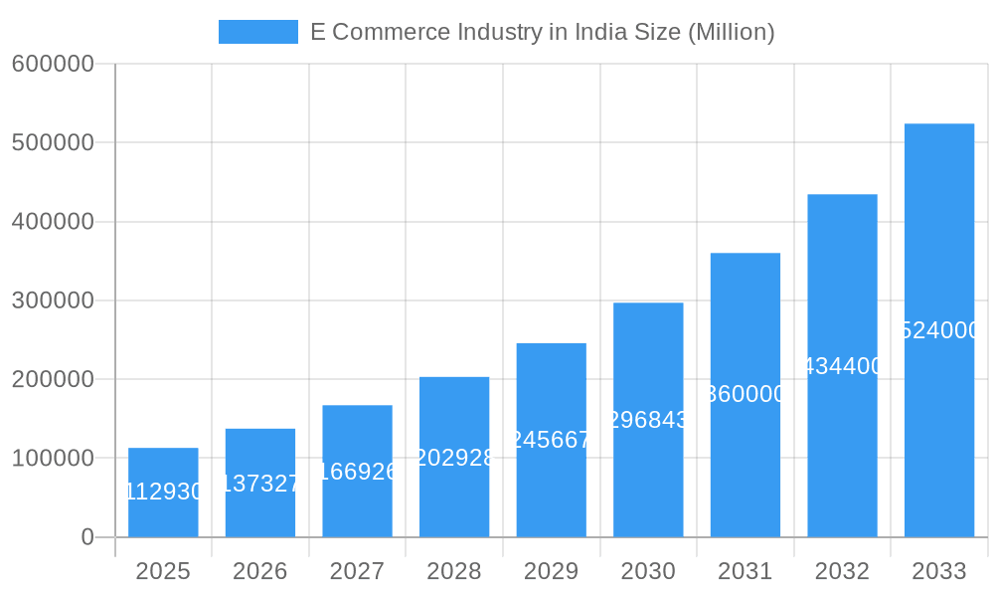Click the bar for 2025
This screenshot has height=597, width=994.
163,493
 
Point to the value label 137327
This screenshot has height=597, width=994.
260,484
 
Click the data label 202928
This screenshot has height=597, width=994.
454,458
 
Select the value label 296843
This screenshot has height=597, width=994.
648,420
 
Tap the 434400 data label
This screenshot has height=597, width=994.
842,366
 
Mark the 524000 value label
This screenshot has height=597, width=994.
940,330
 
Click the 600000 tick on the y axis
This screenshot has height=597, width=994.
53,64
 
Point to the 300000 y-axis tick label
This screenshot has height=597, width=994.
53,300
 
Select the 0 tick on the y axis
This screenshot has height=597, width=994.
87,537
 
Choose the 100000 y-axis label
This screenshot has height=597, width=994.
53,459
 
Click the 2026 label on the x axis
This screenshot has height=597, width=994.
260,571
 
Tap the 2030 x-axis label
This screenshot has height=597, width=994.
648,571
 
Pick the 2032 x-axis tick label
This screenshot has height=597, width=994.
842,571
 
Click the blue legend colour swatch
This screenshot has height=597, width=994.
258,32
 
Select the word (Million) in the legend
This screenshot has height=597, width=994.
731,32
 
